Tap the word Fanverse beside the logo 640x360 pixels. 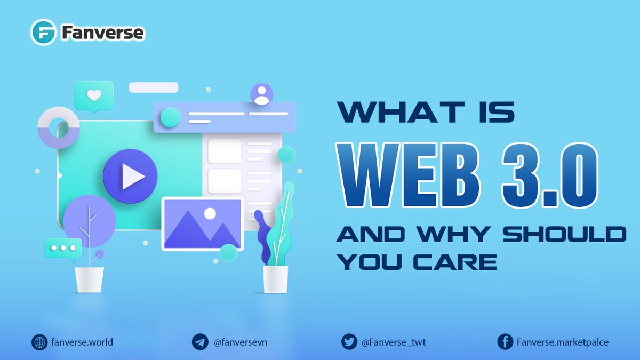tap(102, 33)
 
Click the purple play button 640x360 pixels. tap(130, 177)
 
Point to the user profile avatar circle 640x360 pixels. tap(261, 94)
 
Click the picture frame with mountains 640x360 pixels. tap(203, 223)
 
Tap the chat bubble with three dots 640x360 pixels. tap(63, 249)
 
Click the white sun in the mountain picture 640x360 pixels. tap(210, 213)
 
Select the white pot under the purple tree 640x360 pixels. tap(89, 279)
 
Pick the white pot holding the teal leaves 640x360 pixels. tap(275, 279)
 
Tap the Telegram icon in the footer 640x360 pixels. tap(200, 342)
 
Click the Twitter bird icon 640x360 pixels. tap(349, 342)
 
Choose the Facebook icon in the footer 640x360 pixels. tap(505, 342)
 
